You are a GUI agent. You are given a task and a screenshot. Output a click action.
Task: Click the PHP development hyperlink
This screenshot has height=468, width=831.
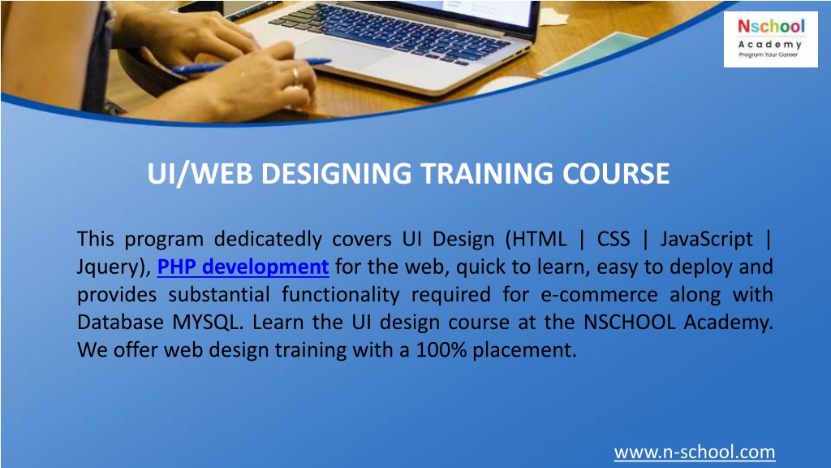point(243,266)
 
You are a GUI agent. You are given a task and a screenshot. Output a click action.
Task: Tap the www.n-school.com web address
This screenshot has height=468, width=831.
point(694,452)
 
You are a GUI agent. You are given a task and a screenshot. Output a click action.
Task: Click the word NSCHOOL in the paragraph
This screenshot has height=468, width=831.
point(630,323)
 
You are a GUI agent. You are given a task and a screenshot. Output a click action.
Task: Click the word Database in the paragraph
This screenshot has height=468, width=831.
point(120,323)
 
